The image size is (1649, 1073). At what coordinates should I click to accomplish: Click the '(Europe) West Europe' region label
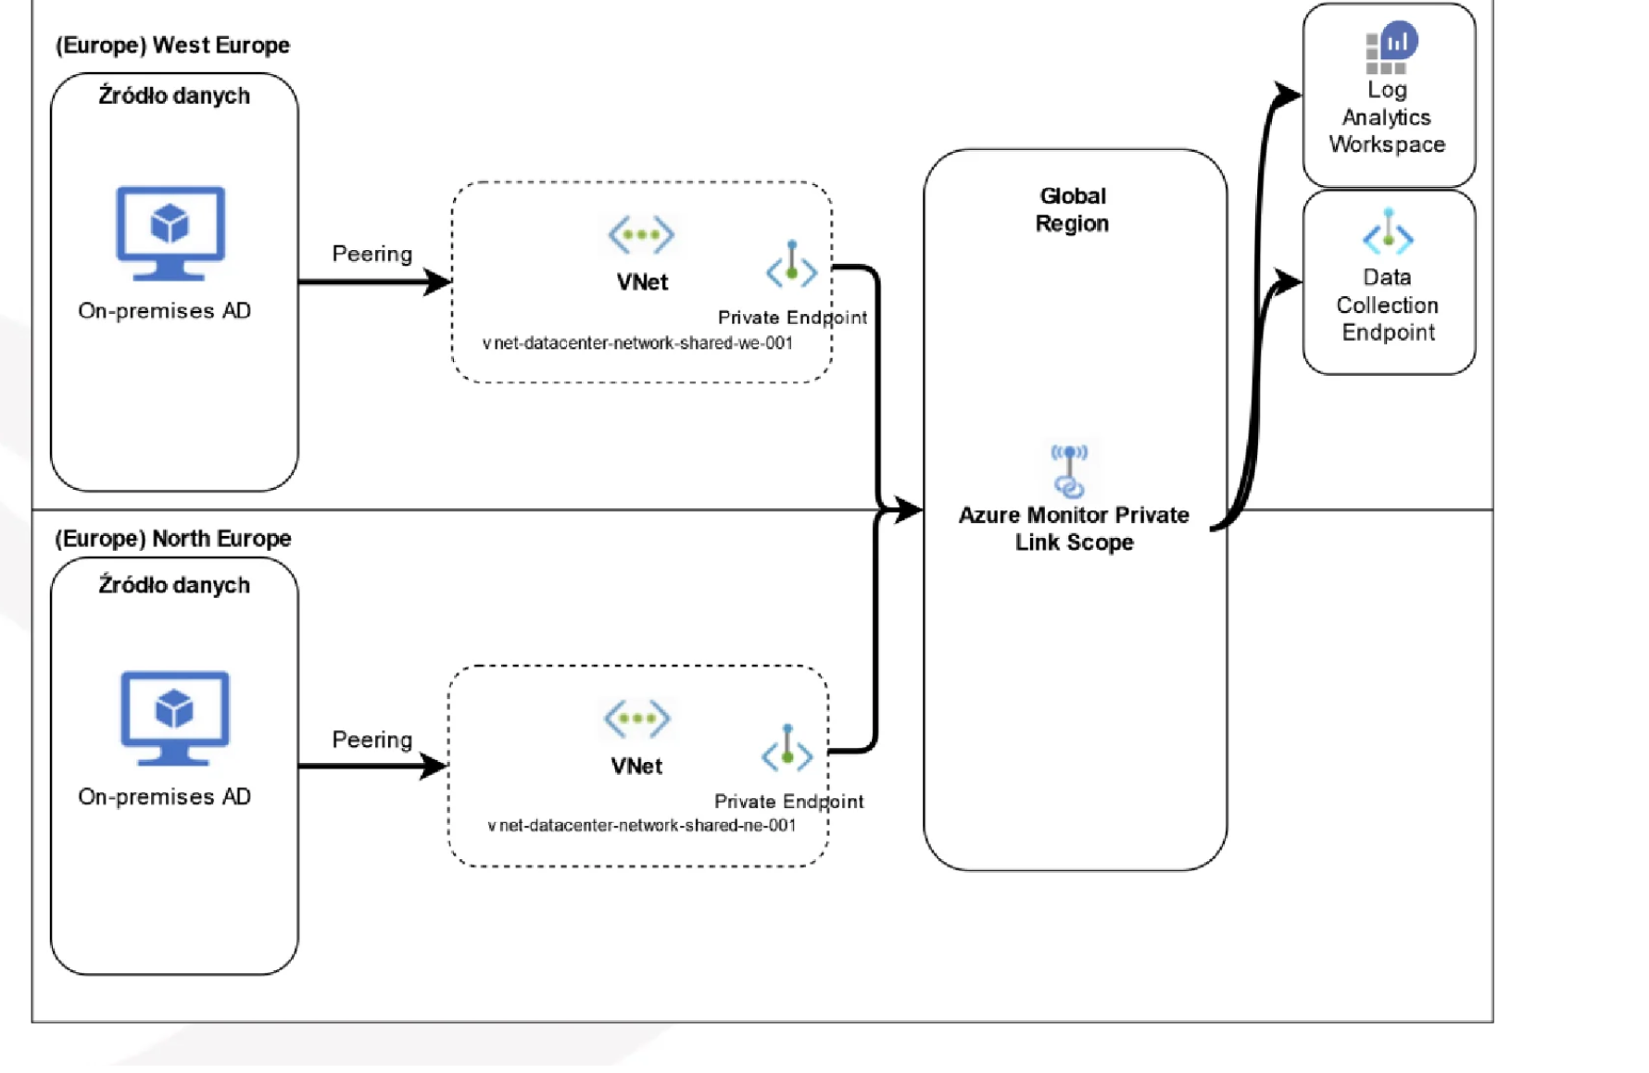coord(172,45)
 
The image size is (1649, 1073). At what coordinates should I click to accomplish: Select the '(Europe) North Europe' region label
coord(172,539)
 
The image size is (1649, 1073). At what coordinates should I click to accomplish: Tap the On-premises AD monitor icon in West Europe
coord(170,232)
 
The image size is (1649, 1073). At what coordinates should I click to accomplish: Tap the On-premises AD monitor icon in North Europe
coord(174,717)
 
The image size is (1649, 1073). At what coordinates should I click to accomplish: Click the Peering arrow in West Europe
coord(374,281)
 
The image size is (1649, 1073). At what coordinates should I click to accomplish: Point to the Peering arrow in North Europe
coord(372,766)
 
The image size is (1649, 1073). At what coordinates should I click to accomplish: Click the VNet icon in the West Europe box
coord(641,234)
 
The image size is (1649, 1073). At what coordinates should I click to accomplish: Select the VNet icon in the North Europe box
coord(636,718)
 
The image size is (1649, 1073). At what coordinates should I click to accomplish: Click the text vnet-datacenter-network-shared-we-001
coord(637,343)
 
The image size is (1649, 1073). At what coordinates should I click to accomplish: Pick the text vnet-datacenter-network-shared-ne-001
coord(641,826)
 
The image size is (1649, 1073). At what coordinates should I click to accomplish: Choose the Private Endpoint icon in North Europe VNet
coord(787,748)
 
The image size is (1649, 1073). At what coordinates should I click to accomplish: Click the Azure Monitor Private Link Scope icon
coord(1069,470)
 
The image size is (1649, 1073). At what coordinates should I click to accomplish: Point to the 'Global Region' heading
coord(1072,210)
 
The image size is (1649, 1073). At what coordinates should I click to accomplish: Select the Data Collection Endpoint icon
coord(1387,233)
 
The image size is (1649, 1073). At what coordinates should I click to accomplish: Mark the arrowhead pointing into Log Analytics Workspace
coord(1288,94)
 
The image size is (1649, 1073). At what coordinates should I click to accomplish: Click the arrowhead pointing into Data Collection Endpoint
coord(1288,281)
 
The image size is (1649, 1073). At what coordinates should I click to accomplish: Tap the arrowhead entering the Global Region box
coord(907,509)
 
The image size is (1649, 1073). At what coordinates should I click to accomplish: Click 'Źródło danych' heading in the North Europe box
coord(174,586)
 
